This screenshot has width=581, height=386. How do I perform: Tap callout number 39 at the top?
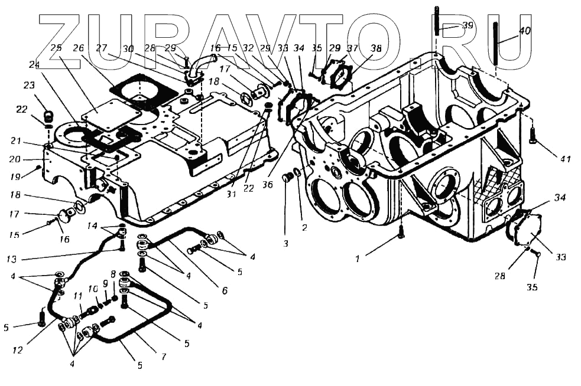468,25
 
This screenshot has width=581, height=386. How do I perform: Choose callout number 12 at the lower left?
18,350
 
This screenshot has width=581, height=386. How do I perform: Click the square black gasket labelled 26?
141,93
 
